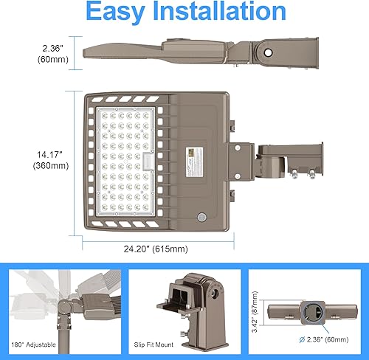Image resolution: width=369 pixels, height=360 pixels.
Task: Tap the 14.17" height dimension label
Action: (44, 153)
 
